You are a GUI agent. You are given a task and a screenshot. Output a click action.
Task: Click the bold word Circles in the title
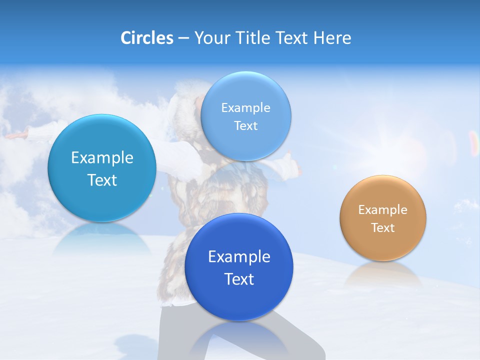tap(147, 38)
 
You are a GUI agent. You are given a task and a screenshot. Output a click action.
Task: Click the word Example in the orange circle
tap(382, 210)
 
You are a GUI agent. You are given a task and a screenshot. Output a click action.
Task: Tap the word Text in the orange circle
tap(382, 228)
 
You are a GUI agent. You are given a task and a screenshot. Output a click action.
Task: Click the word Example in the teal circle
tap(102, 158)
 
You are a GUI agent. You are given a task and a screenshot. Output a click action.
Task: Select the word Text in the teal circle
tap(102, 180)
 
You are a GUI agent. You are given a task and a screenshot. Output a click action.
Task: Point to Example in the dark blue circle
tap(239, 257)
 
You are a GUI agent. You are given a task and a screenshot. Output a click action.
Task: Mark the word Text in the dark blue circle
tap(239, 279)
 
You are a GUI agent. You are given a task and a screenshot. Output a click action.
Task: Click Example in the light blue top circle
tap(245, 108)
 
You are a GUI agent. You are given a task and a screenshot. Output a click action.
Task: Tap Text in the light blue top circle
tap(245, 126)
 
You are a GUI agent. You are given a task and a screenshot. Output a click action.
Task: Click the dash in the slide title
tap(183, 38)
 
